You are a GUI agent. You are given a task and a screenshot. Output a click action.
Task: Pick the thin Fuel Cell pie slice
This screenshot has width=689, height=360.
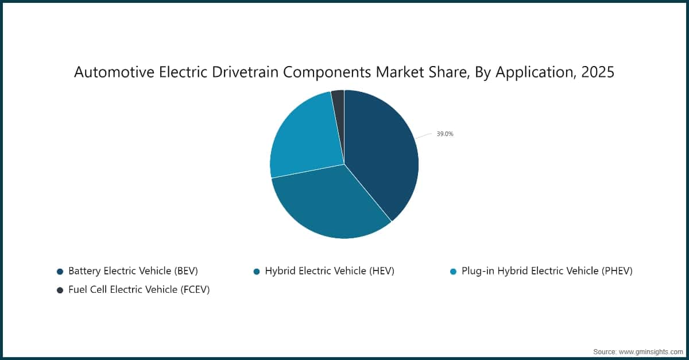point(338,99)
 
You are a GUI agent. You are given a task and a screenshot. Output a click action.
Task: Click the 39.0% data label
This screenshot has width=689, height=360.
point(445,134)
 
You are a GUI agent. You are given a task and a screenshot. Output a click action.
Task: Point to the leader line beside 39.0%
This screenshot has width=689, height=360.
point(423,136)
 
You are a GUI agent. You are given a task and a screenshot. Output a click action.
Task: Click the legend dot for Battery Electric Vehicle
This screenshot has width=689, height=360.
point(60,271)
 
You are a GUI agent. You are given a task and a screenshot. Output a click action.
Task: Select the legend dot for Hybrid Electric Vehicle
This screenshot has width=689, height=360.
point(257,271)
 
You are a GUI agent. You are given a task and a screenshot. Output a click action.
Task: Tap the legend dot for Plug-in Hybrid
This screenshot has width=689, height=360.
point(454,271)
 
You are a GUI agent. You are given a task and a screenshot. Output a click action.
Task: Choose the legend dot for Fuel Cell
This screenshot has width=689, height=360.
point(60,290)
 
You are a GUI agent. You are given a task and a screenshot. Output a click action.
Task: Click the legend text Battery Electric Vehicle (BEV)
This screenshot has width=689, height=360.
point(133,271)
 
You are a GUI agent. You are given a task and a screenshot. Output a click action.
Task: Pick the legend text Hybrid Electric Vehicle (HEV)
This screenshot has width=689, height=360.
point(330,271)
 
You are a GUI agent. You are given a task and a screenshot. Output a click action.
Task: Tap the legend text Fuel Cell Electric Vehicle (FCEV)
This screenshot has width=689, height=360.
point(139,290)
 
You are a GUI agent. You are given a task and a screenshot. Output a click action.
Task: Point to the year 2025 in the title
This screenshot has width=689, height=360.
point(598,73)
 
